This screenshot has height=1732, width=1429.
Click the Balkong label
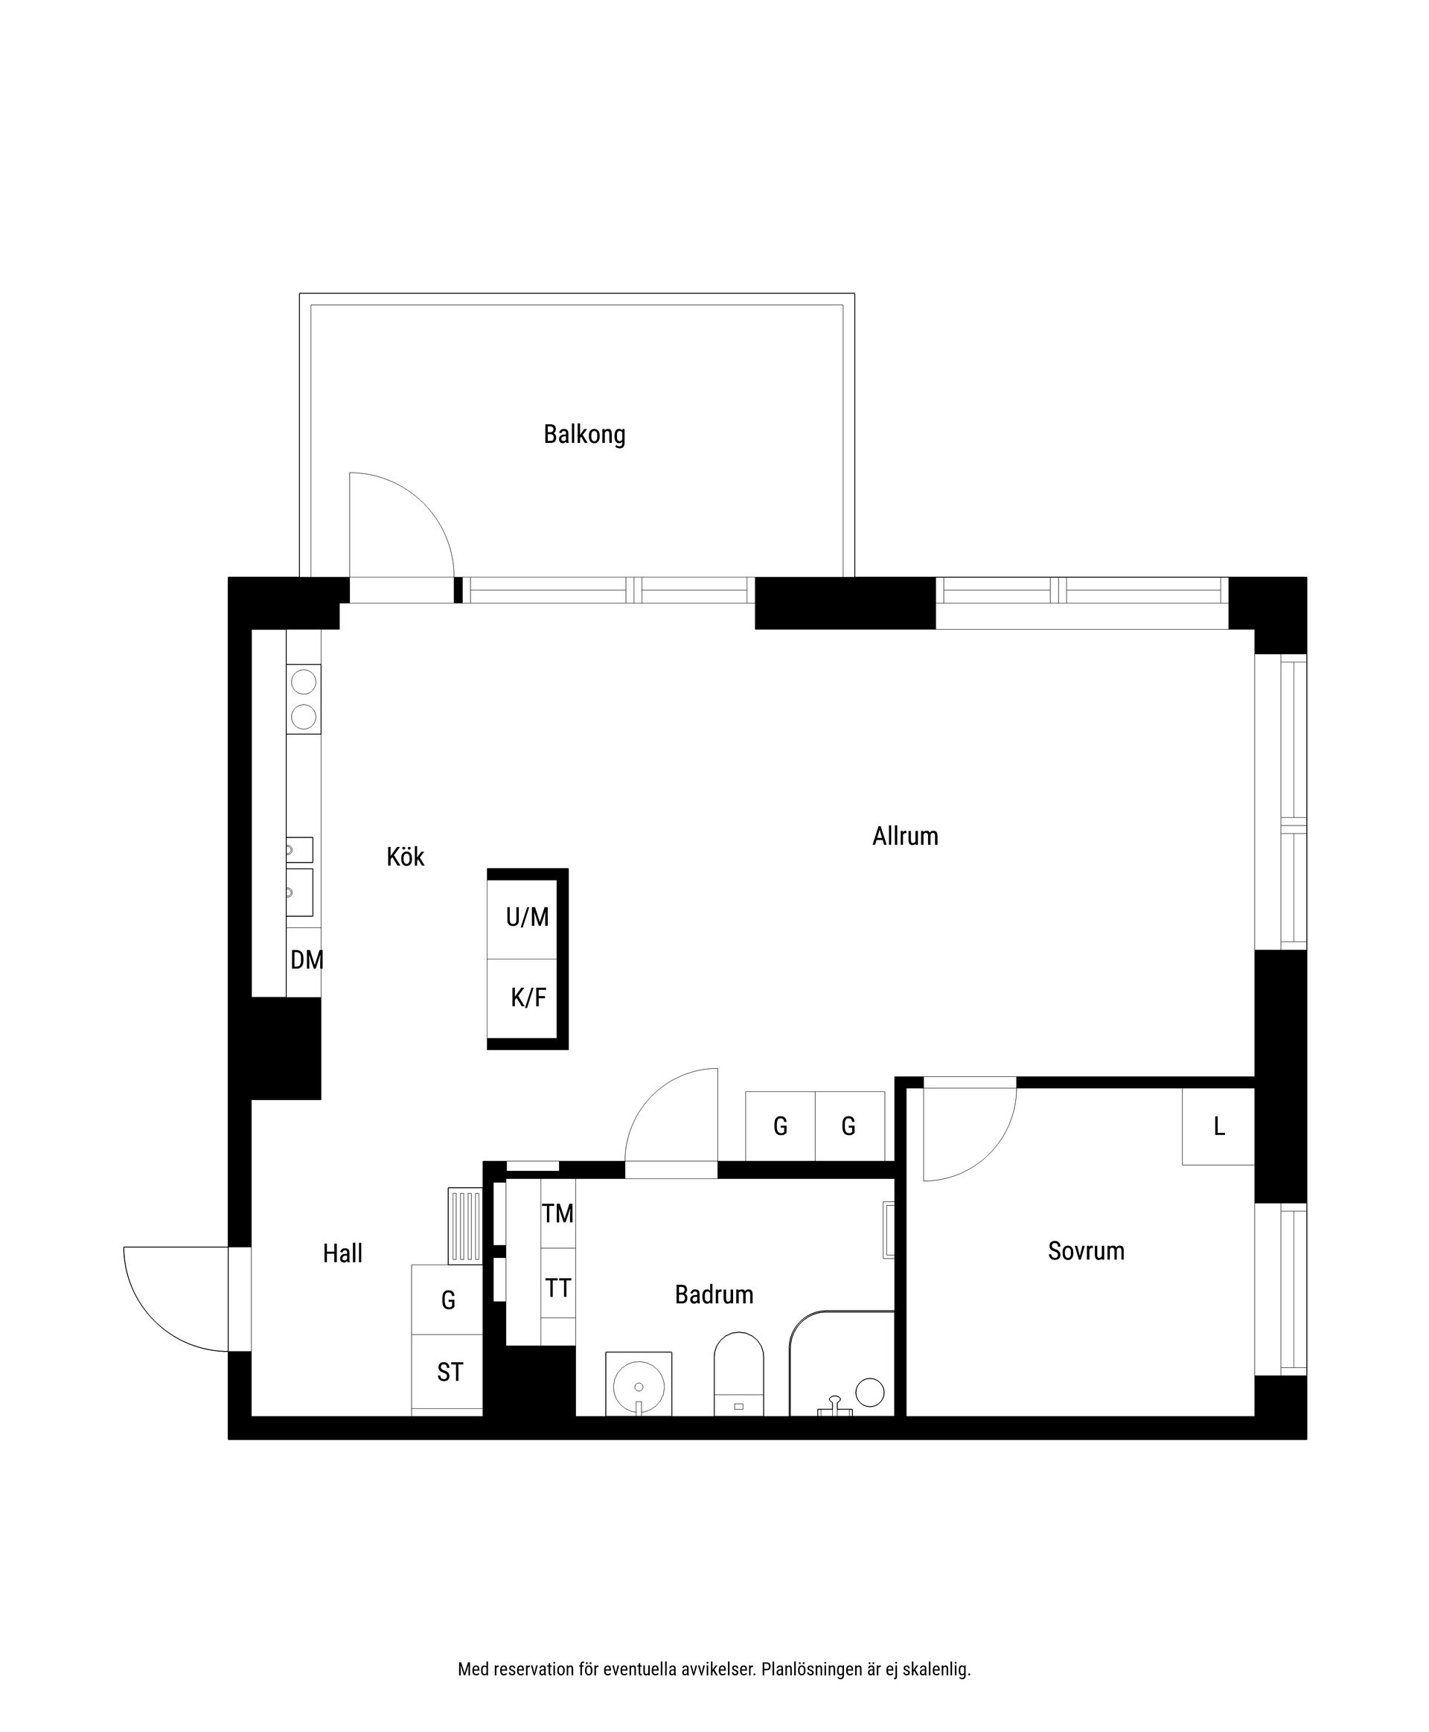point(584,434)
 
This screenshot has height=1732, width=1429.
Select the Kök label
point(405,857)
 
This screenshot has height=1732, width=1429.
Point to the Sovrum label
point(1086,1251)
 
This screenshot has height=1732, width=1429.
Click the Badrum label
point(714,1295)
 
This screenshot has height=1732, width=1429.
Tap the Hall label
point(342,1253)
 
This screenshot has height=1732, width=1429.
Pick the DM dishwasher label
point(306,960)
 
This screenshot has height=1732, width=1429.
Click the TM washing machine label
point(557,1213)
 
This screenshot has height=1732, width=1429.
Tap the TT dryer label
point(557,1288)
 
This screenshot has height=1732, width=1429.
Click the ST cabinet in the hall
point(449,1373)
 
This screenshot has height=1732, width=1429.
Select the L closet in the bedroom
point(1218,1127)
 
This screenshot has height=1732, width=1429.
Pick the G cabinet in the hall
point(448,1300)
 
